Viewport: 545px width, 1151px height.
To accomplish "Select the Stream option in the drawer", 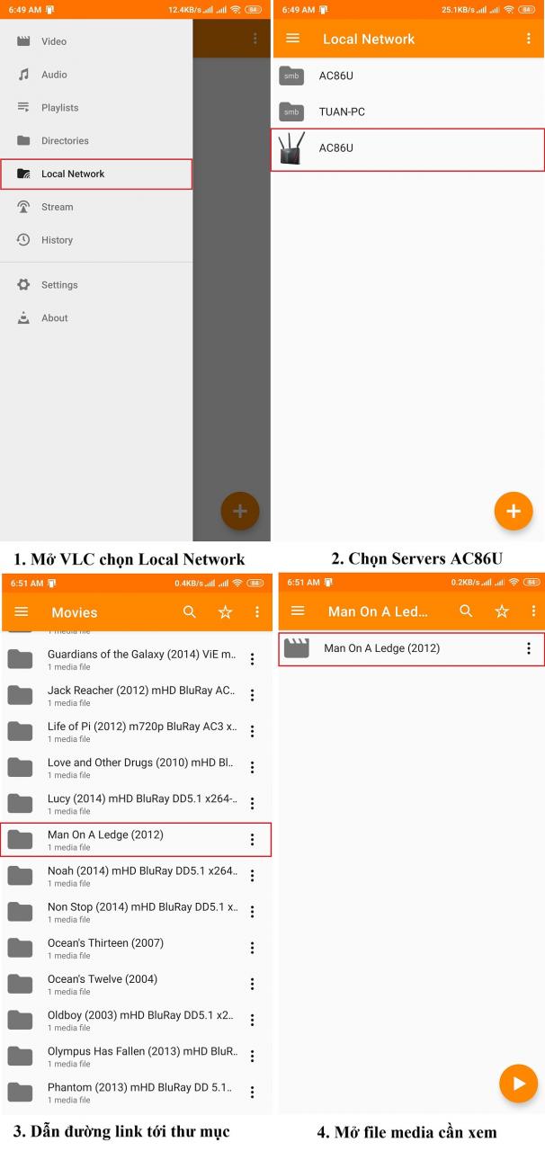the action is tap(57, 207).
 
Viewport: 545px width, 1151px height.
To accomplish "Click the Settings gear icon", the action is tap(23, 284).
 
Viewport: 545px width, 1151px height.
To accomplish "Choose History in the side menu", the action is tap(57, 240).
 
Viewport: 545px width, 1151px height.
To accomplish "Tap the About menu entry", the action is tap(55, 317).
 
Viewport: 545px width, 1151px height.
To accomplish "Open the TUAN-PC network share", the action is tap(342, 112).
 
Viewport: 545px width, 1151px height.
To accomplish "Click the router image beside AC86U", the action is tap(291, 148).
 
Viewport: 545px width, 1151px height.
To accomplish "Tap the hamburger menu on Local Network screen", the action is tap(292, 38).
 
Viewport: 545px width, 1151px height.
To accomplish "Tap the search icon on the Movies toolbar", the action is tap(190, 611).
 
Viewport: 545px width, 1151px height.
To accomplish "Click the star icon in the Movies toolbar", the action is tap(225, 611).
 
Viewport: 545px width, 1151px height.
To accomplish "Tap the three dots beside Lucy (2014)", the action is tap(252, 803).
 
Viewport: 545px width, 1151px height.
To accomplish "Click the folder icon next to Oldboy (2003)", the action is tap(20, 1020).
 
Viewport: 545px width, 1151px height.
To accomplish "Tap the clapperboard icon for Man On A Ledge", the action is tap(297, 648).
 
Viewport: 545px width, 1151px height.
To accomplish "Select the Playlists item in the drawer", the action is tap(59, 107).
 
